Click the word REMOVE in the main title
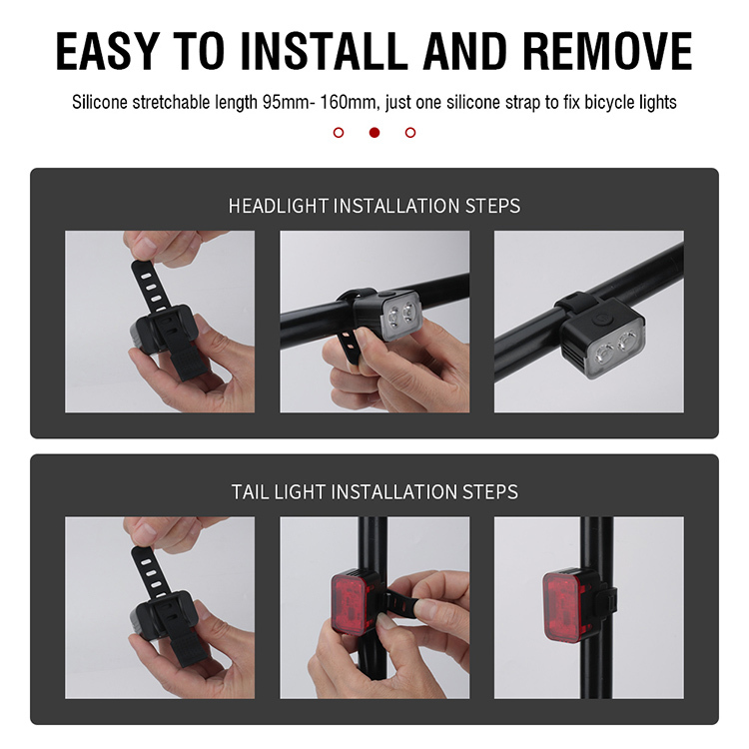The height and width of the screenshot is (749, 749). [607, 51]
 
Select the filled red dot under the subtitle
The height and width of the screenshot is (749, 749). [374, 132]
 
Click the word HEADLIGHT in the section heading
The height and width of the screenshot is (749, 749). [278, 206]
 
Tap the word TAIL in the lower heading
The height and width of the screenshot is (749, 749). [251, 492]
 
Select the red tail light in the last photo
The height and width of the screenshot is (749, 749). [565, 606]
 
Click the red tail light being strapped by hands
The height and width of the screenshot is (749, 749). [352, 604]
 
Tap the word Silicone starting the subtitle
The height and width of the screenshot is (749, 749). [100, 102]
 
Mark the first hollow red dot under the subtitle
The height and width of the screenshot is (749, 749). [339, 132]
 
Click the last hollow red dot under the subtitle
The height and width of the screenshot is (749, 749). [410, 132]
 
